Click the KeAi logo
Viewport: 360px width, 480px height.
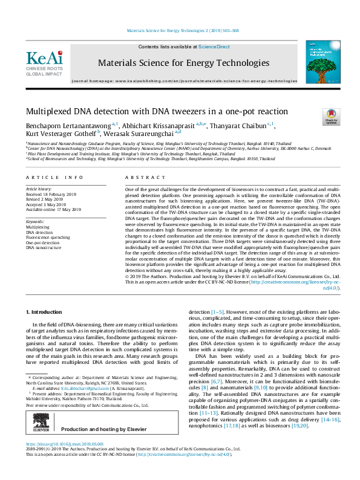point(44,60)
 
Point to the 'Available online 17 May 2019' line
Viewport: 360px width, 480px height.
point(54,209)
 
